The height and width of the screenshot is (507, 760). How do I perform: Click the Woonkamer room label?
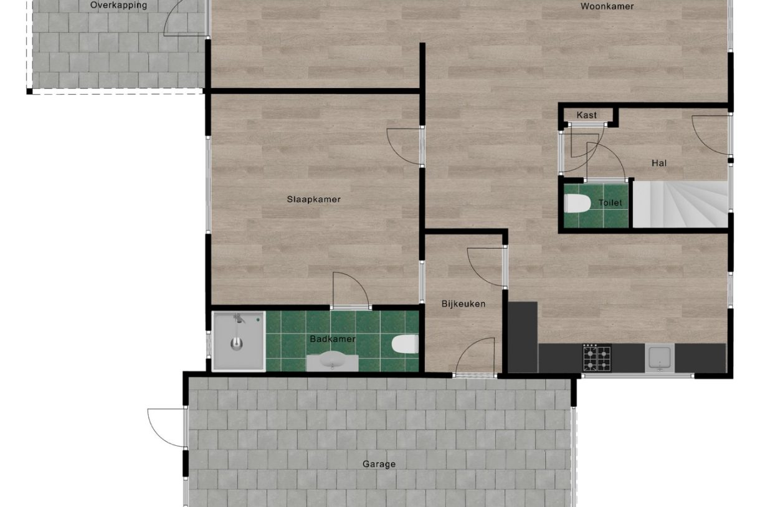(x=607, y=6)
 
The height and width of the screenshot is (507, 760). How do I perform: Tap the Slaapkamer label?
(x=314, y=200)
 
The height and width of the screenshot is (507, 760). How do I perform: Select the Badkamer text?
(x=333, y=339)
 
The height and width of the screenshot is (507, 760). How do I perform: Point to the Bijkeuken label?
(x=463, y=304)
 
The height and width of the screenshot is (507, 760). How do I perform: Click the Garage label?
(x=379, y=464)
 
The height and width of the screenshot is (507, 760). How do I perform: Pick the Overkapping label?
(x=119, y=6)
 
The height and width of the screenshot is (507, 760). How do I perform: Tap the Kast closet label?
(x=587, y=115)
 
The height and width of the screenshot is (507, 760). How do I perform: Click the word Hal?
(x=659, y=163)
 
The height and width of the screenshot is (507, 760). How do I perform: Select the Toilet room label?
(x=610, y=203)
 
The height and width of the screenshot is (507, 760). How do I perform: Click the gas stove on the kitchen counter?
(x=597, y=358)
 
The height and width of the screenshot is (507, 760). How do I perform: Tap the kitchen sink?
(x=660, y=357)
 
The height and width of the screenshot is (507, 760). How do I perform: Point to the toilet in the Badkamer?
(x=405, y=344)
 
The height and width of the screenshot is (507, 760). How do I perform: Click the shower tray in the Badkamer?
(x=239, y=341)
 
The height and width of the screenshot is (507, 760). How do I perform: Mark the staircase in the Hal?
(x=680, y=205)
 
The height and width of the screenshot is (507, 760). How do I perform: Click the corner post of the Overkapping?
(x=29, y=91)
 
